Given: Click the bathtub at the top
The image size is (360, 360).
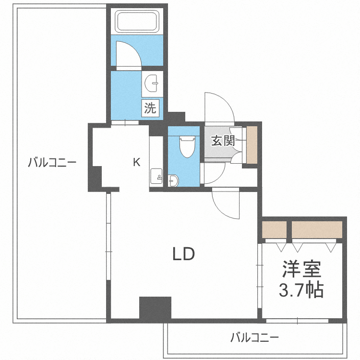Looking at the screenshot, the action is (137, 21).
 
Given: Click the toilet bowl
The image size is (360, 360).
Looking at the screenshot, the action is (187, 147).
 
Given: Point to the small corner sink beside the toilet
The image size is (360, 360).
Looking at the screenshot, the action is (173, 180).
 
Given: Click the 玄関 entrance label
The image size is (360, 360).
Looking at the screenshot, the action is (223, 141).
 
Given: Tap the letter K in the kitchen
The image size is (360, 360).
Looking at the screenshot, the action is (137, 162).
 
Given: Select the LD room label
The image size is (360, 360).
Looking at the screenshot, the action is (184, 254).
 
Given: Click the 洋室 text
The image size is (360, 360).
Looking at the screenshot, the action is (301, 269).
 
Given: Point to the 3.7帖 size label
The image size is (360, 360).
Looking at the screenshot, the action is (301, 289).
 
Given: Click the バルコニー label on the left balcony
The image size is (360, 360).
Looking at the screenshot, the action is (52, 163).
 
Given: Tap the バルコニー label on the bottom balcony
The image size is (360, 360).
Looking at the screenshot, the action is (254, 337).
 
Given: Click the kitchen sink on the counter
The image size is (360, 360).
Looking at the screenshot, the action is (156, 176).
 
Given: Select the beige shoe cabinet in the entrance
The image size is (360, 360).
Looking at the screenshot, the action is (252, 145).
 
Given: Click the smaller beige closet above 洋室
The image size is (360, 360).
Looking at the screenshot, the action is (275, 229).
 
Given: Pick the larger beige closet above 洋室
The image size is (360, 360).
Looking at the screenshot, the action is (317, 229).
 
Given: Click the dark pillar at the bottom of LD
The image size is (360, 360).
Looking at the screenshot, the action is (155, 308).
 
